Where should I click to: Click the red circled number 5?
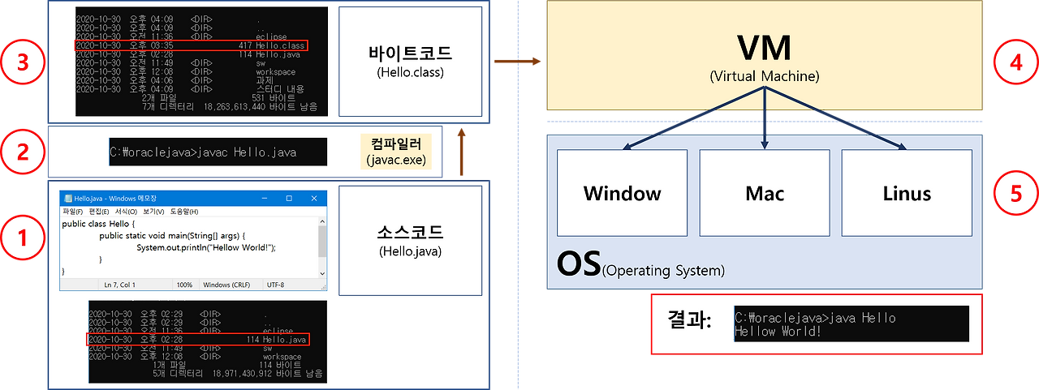click(1015, 194)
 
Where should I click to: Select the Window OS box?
click(622, 194)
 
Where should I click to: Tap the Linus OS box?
click(907, 194)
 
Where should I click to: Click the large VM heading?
click(764, 49)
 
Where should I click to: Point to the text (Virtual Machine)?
click(764, 77)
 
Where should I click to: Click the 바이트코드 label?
click(409, 54)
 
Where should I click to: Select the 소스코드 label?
click(409, 233)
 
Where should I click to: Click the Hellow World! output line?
click(778, 332)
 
